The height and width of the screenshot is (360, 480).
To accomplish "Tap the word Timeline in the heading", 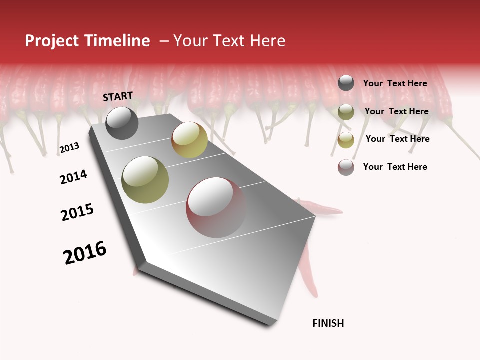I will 118,41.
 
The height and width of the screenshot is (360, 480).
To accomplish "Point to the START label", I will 118,96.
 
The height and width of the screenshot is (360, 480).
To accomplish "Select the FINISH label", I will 328,323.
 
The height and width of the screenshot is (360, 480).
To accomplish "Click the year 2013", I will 69,148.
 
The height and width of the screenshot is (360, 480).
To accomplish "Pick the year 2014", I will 73,177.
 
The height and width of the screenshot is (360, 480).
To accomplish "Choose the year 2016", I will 85,253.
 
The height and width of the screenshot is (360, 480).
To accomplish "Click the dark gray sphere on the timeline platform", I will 122,123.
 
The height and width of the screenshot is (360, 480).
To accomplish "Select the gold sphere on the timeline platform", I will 189,140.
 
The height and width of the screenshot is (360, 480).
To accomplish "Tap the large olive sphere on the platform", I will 145,180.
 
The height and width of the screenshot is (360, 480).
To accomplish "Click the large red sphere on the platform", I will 216,207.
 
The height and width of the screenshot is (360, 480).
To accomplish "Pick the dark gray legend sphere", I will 346,83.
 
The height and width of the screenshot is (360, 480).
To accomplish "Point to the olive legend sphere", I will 346,112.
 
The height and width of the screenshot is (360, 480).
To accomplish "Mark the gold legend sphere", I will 346,140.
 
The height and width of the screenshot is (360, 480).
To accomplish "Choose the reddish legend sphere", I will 346,167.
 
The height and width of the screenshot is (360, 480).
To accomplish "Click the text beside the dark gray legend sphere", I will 395,84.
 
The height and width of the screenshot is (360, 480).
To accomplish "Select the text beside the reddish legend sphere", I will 395,167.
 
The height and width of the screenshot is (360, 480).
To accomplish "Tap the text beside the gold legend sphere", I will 397,139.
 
